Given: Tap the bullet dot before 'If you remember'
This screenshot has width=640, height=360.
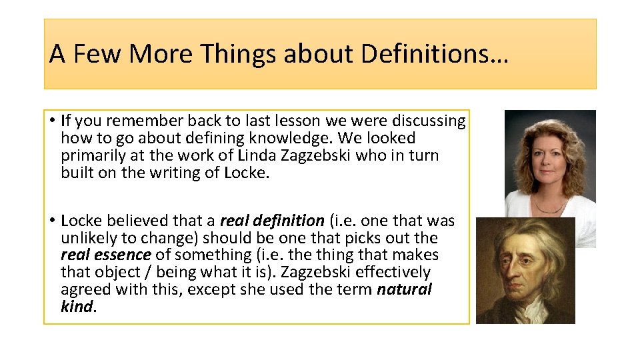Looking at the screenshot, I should pos(51,121).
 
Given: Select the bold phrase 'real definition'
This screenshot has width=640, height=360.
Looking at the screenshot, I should pos(272,221).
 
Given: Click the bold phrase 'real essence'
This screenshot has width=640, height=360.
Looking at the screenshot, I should pos(105,255).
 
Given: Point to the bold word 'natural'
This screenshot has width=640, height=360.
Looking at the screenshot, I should pos(404,289).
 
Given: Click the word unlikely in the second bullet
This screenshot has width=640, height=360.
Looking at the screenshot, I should pos(86,238).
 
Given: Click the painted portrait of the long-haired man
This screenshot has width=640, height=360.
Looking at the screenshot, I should pos(525,271).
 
